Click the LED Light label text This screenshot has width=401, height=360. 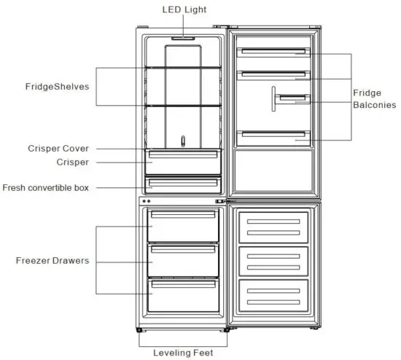(184, 9)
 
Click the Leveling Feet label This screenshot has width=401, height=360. (183, 353)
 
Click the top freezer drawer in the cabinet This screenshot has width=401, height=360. (182, 225)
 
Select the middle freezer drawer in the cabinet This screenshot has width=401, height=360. (182, 259)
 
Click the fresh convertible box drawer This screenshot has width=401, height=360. (182, 184)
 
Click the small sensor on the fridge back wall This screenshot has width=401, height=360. (183, 138)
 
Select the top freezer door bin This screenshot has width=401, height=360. (273, 224)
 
